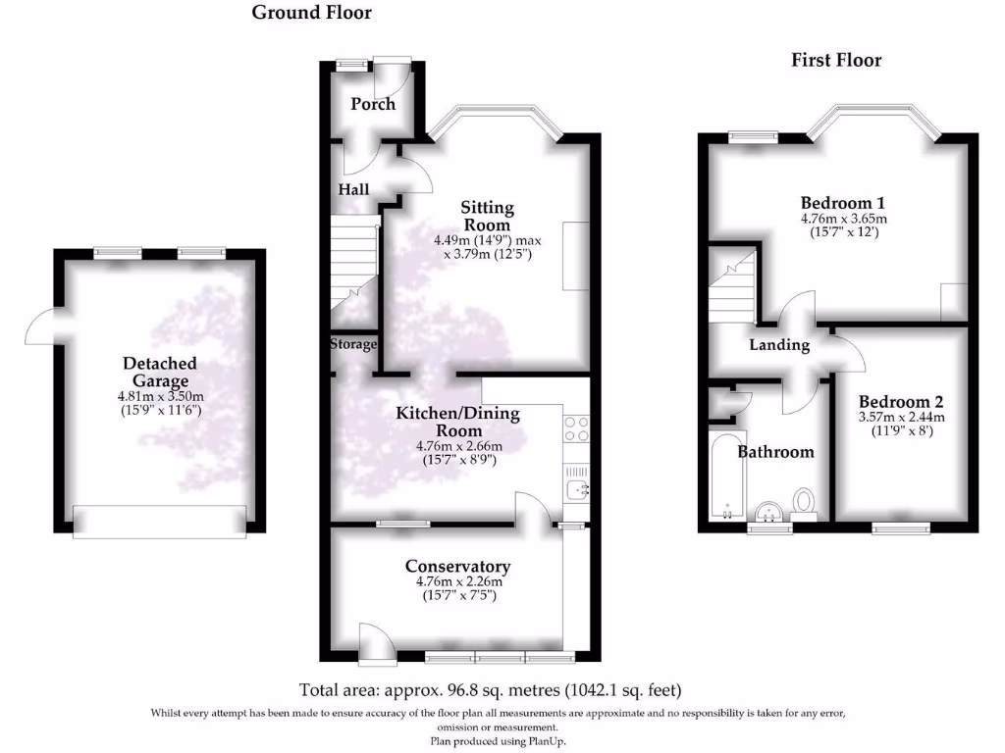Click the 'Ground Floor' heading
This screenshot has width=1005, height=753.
[x=311, y=13]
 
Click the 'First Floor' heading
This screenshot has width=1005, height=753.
[x=836, y=61]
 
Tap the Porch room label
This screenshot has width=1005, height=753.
[x=373, y=104]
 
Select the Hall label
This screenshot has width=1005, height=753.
[x=353, y=189]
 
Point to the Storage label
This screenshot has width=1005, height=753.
[x=353, y=345]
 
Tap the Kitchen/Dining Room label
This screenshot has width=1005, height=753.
[x=457, y=423]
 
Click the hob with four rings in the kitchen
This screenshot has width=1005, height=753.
[x=576, y=428]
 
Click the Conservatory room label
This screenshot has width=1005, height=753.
[x=457, y=567]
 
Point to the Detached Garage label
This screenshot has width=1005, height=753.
[x=159, y=372]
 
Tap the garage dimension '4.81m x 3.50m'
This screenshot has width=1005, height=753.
[x=159, y=396]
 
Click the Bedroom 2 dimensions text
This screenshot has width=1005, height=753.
[x=901, y=424]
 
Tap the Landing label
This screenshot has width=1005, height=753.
[x=779, y=345]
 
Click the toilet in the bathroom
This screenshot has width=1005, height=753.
[x=805, y=503]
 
